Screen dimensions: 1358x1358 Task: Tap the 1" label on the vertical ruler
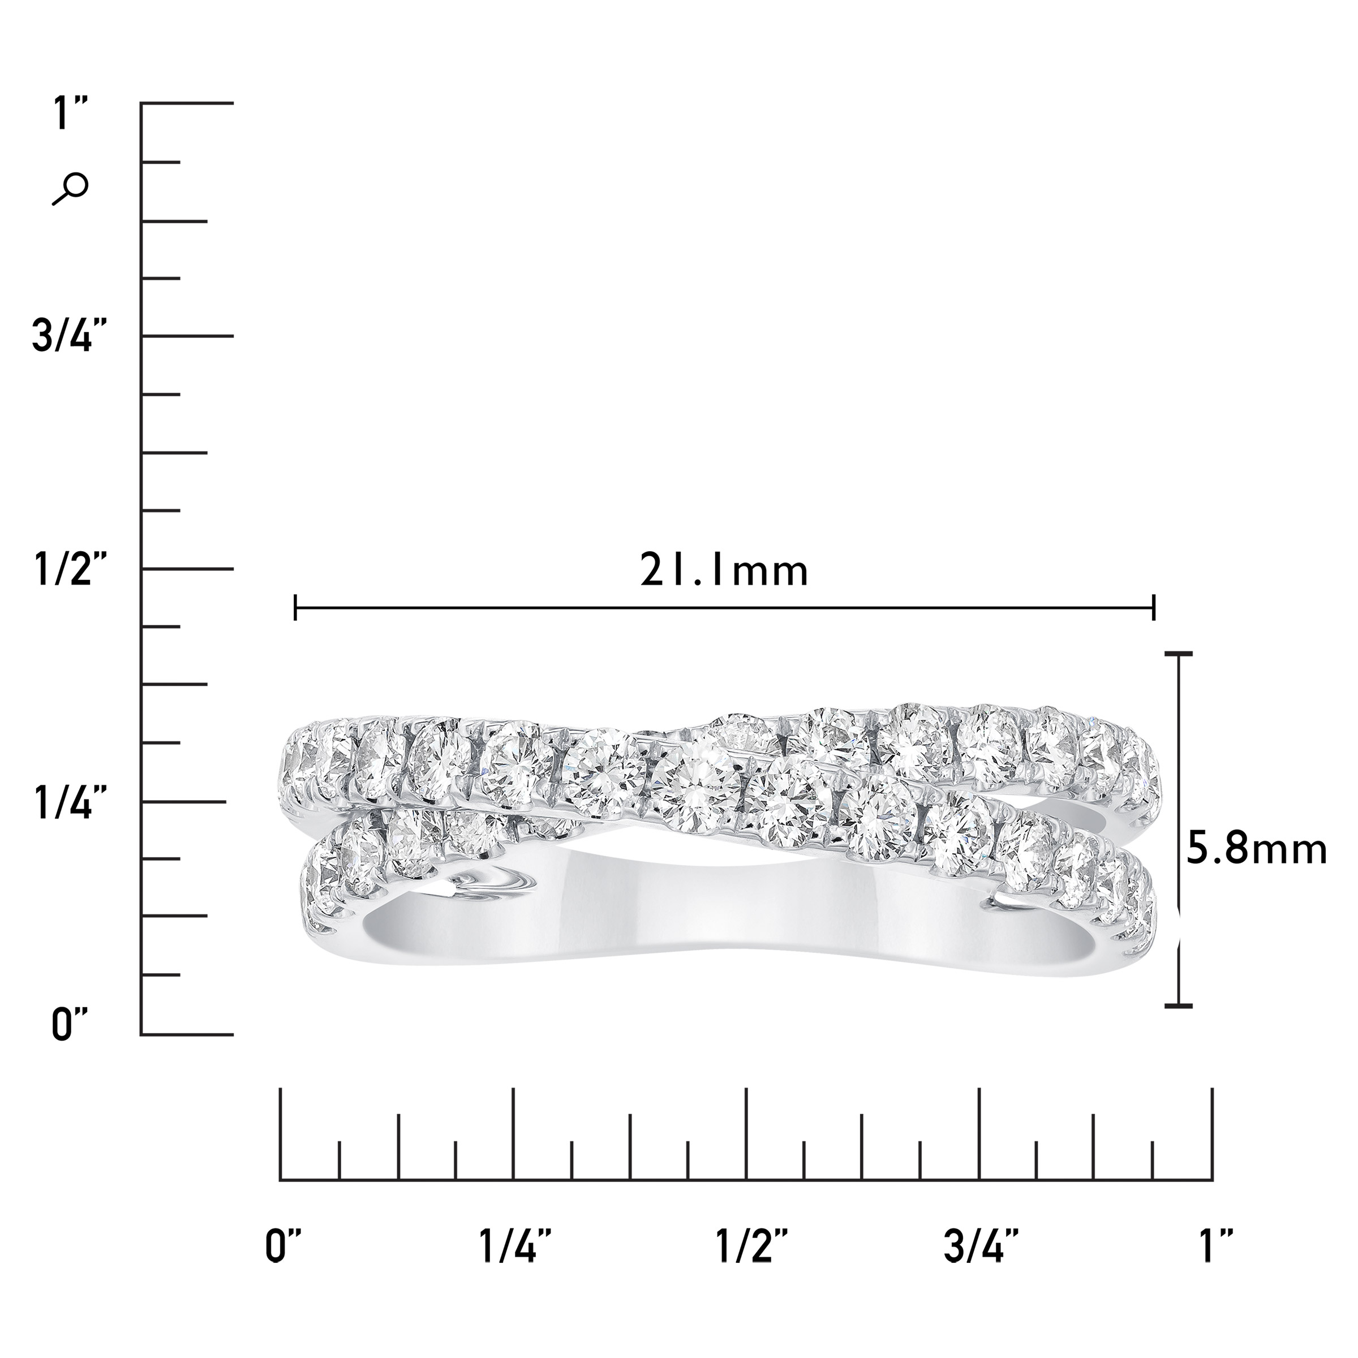[x=71, y=114]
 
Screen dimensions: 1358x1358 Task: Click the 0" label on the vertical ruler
[x=70, y=1024]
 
